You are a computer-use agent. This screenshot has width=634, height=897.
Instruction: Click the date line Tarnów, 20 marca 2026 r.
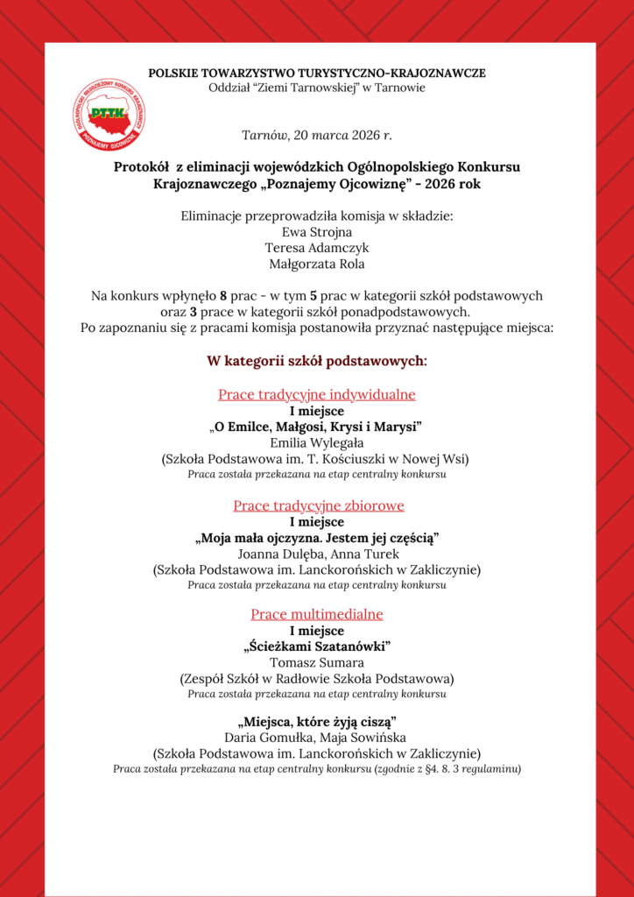point(316,136)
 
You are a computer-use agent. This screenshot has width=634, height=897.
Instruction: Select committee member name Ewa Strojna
point(316,232)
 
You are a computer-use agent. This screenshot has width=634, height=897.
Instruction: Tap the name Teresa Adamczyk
point(316,247)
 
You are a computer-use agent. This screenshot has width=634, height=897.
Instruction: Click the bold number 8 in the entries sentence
point(224,296)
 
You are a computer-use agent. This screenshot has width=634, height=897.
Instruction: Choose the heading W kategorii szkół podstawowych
point(316,360)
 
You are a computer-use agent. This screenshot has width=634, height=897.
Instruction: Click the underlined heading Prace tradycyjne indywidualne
point(316,394)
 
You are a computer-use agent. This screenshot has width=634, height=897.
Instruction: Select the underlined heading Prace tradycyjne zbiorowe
point(316,505)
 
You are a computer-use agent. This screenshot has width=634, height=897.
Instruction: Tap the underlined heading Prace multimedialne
point(316,614)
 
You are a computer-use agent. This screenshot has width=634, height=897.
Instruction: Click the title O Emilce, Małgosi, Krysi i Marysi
point(316,426)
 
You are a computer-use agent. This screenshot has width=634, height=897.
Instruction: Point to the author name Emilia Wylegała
point(316,442)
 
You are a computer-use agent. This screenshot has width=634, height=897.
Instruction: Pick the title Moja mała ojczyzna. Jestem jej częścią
point(316,537)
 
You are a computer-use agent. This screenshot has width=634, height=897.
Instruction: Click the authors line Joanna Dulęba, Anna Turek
point(316,554)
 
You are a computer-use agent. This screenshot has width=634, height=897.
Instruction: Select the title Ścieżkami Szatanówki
point(316,646)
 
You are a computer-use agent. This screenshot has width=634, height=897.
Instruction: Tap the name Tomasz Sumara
point(316,662)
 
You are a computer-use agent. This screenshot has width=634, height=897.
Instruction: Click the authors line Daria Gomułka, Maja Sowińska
point(316,738)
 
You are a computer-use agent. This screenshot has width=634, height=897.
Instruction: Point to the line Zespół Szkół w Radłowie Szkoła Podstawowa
point(316,678)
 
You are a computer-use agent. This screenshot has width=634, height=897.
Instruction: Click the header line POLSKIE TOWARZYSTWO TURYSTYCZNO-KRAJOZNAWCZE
point(316,73)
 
